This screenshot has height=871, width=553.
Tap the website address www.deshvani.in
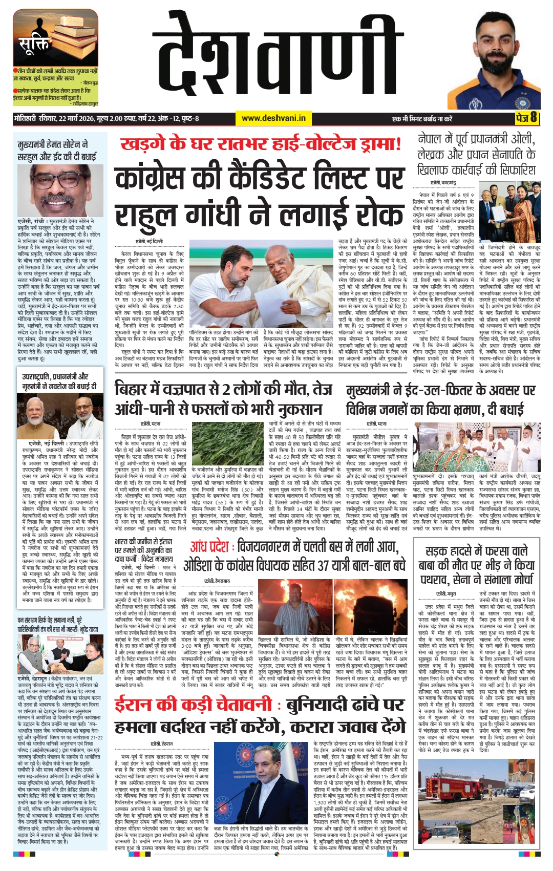tap(273, 118)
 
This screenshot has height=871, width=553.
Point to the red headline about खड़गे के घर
tap(261, 144)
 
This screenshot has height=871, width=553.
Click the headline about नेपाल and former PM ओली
tap(476, 154)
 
